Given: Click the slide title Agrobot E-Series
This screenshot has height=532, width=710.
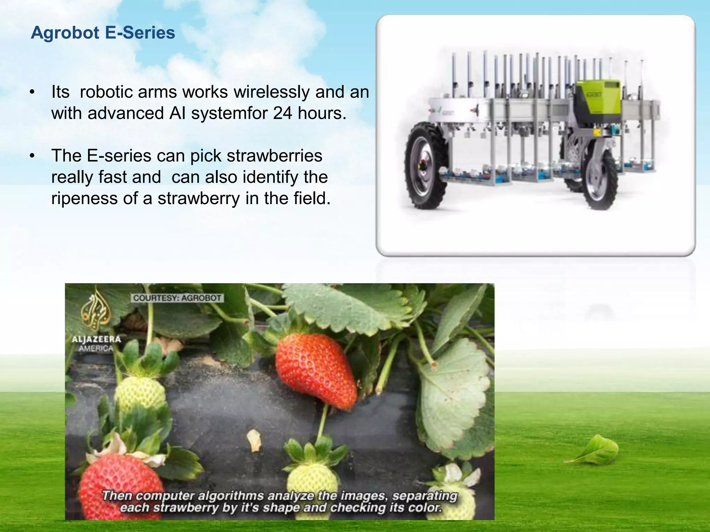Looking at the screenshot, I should click(x=103, y=33).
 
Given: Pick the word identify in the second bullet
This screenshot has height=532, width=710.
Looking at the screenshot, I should click(x=270, y=177).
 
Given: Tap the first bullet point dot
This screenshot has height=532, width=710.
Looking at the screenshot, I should click(x=32, y=92).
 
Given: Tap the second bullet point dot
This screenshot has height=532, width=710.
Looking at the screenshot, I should click(x=32, y=156).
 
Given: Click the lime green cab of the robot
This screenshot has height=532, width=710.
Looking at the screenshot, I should click(x=597, y=99).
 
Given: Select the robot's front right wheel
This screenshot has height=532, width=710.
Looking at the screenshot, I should click(x=599, y=180).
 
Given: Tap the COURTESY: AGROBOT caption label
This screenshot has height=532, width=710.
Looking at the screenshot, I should click(x=177, y=298).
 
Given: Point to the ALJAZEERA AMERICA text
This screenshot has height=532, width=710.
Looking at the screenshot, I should click(x=96, y=343).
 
